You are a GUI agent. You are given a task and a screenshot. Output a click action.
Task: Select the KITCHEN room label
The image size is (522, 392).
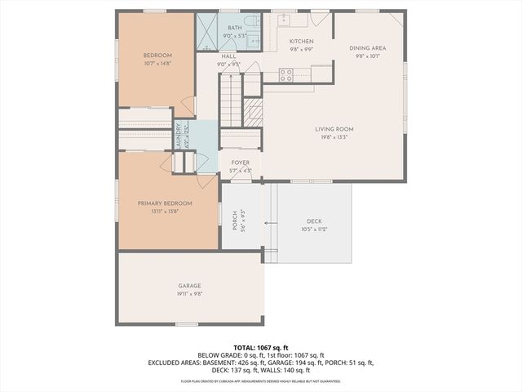[x=301, y=42]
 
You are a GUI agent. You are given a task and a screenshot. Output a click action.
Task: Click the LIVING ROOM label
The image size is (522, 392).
[x=334, y=129]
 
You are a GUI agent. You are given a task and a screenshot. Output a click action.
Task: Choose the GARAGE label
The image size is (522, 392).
[x=190, y=286]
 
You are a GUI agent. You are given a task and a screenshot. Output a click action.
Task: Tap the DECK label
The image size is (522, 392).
[x=314, y=221]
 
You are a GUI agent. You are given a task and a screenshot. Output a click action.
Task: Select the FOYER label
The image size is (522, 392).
[x=240, y=163]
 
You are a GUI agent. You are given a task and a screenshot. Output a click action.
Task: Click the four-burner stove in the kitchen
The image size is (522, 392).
[x=286, y=74]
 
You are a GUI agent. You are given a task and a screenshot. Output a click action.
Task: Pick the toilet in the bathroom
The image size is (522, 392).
[x=254, y=20]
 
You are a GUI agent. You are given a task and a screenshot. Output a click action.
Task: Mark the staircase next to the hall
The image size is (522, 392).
[x=231, y=98]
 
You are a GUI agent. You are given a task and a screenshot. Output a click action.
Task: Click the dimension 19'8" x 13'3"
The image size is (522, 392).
[x=334, y=137]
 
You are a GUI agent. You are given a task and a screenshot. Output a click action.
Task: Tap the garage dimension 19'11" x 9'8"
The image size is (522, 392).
[x=190, y=293]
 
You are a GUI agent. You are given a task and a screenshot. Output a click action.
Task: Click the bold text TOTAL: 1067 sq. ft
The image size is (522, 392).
[x=260, y=348]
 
